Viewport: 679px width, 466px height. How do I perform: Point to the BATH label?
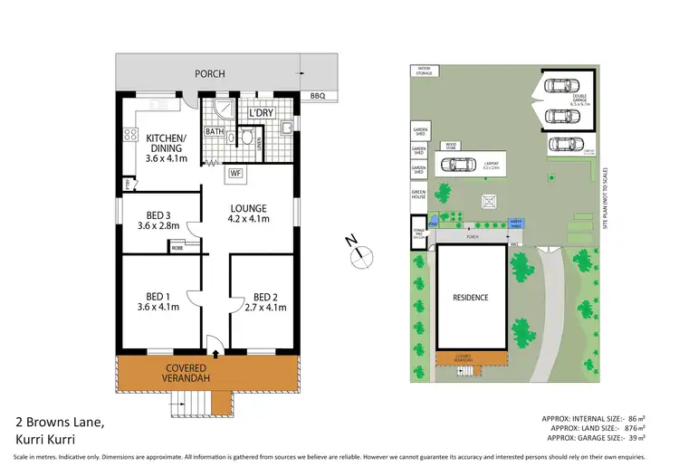[x=214, y=132]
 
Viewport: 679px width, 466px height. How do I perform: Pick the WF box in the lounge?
[x=234, y=172]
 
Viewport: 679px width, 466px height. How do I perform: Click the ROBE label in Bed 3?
[x=177, y=245]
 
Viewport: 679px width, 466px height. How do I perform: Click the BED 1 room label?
[x=157, y=296]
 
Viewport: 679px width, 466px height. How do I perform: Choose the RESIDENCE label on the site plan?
[x=471, y=298]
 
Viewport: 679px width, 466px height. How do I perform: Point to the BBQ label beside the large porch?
[x=317, y=95]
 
